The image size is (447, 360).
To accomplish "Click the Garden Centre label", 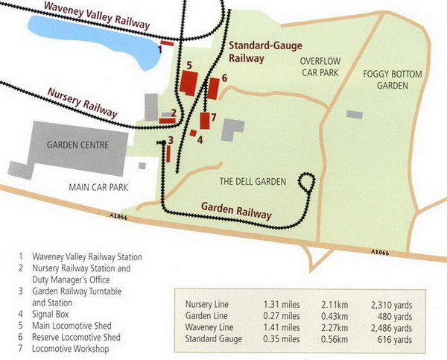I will [x=77, y=145].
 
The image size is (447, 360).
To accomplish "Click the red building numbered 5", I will [x=188, y=81].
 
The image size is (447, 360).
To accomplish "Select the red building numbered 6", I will [x=213, y=88].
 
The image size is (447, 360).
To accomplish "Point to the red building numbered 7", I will [x=204, y=120].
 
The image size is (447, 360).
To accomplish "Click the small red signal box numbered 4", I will [x=192, y=133].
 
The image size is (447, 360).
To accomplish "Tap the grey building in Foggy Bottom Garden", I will [x=355, y=114].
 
